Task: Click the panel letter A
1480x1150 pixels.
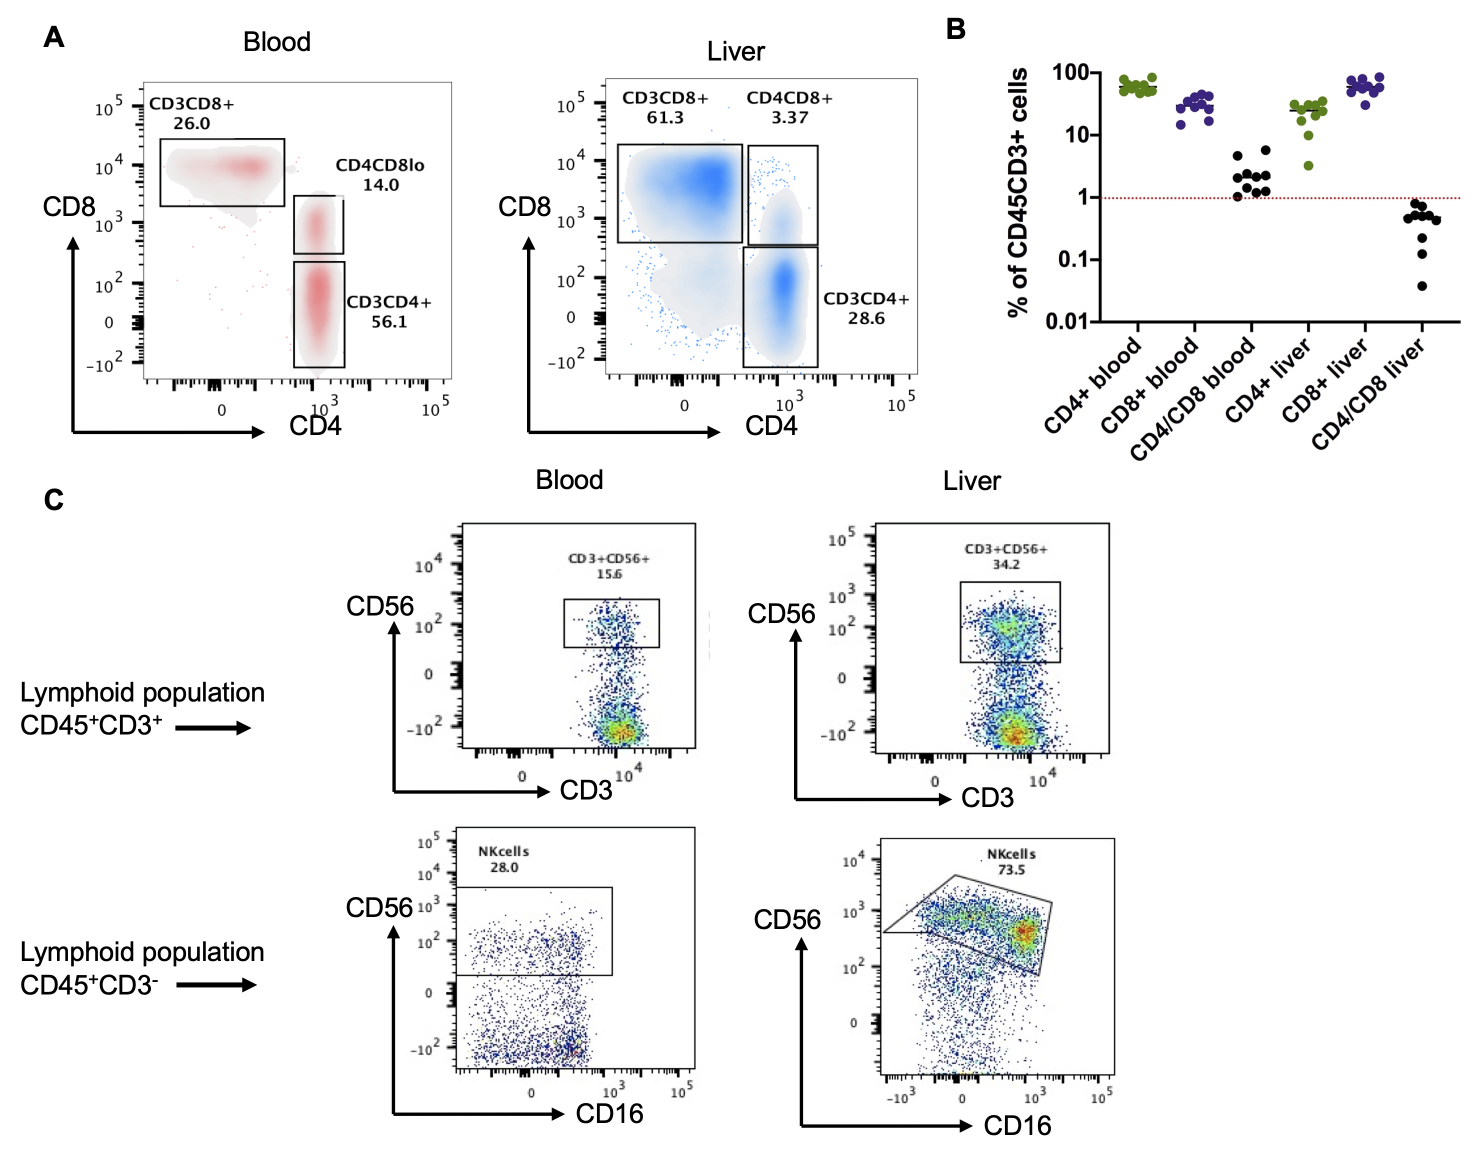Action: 53,37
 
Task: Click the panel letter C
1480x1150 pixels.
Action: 53,500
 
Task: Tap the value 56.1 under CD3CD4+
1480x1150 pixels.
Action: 389,322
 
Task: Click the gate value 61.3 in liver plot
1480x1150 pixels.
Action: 665,117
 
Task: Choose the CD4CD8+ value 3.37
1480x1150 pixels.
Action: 789,117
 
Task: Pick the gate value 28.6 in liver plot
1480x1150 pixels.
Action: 866,318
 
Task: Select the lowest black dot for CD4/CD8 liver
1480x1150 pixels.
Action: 1421,286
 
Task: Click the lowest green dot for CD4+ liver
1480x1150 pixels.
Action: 1308,165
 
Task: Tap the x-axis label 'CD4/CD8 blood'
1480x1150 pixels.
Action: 1192,400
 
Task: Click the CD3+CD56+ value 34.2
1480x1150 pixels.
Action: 1005,564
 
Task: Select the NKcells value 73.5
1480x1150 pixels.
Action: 1011,869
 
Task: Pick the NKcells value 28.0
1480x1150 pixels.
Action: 504,867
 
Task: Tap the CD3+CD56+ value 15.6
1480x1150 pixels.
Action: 608,574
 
